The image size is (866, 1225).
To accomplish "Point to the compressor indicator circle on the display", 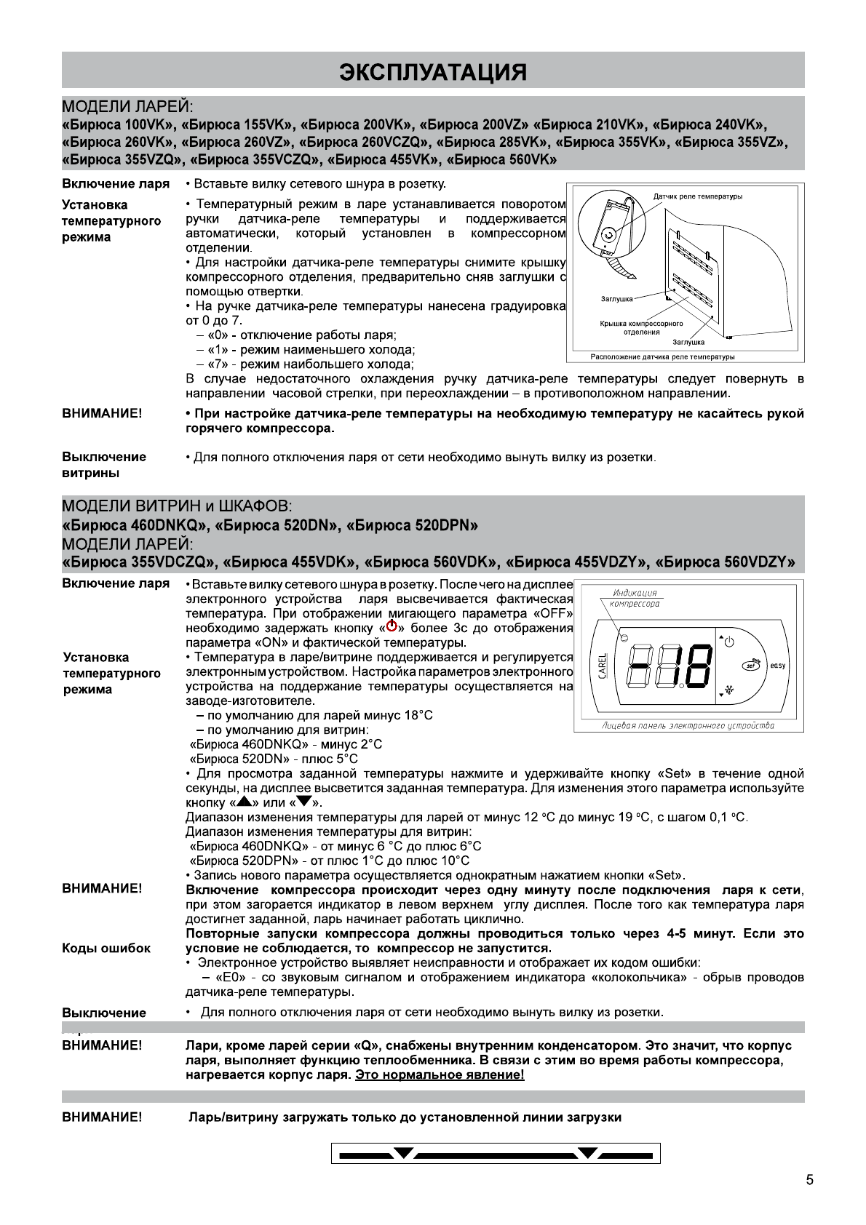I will tap(624, 637).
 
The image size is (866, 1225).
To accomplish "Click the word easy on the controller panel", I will tap(777, 666).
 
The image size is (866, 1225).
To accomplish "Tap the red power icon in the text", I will tap(392, 626).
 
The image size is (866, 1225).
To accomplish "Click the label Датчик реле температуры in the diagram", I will tap(697, 196).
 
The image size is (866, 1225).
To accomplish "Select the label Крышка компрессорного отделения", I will tap(641, 327).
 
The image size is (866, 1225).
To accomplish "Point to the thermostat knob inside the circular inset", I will tap(608, 234).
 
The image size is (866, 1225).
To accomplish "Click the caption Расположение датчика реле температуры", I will tap(662, 356).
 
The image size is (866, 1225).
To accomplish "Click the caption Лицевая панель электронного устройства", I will tap(688, 725).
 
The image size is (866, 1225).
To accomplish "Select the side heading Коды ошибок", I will tap(106, 949).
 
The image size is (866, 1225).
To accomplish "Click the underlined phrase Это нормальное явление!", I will tap(440, 1074).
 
